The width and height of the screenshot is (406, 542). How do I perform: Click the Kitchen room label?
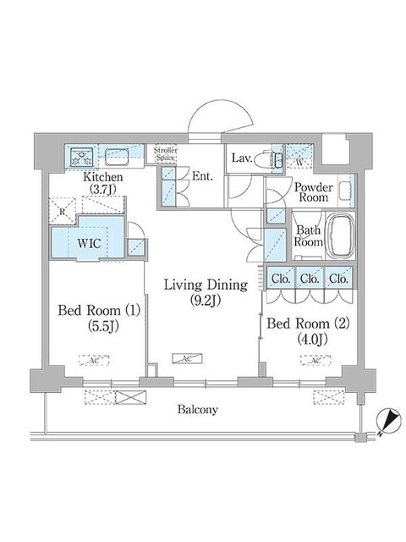[x=104, y=177]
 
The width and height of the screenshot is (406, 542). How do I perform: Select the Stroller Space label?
[x=165, y=155]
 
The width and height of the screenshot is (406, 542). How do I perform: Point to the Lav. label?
[x=242, y=157]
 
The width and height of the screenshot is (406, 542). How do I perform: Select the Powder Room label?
[x=311, y=193]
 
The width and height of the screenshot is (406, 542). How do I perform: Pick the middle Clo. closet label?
[x=310, y=279]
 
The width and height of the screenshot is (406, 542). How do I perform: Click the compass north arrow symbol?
[x=387, y=418]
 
